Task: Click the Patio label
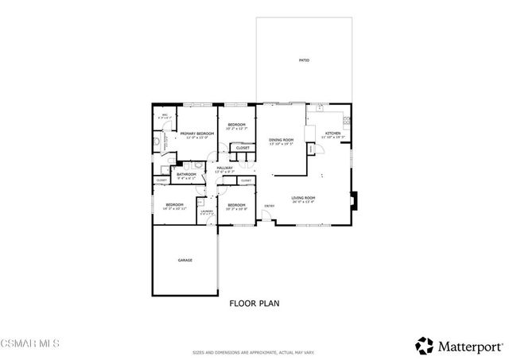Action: [x=304, y=60]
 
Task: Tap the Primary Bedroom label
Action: [x=197, y=134]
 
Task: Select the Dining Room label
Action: [x=281, y=141]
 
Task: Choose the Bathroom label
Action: [x=187, y=174]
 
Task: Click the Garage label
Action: [x=185, y=260]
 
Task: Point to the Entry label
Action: [x=270, y=207]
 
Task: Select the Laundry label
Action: [x=206, y=211]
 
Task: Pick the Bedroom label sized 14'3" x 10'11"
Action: [x=175, y=206]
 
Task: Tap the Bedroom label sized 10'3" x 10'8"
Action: [x=236, y=206]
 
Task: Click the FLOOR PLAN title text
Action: [x=254, y=303]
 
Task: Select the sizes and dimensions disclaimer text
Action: [x=254, y=352]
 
